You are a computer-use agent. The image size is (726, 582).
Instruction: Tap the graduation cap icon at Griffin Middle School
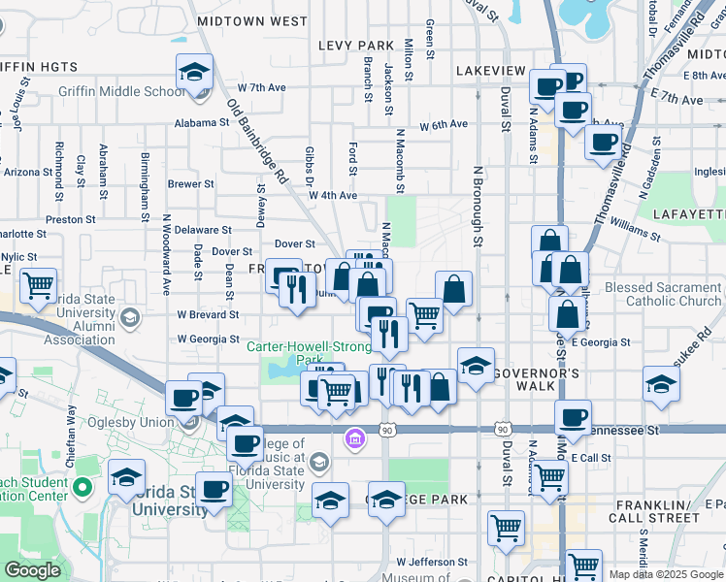click(x=194, y=73)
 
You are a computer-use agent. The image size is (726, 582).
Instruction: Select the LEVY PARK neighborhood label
click(x=360, y=46)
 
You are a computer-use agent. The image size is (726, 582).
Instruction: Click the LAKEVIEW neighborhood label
click(x=490, y=72)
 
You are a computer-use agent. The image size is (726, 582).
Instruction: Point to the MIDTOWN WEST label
click(x=251, y=20)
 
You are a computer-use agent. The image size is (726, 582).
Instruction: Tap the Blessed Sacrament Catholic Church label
click(x=663, y=294)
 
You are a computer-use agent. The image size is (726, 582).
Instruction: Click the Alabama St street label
click(x=201, y=123)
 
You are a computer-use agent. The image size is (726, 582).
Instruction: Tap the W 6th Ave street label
click(x=444, y=124)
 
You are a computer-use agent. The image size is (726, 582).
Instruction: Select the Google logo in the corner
click(x=32, y=570)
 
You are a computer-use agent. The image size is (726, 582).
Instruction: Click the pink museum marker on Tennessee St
click(x=355, y=440)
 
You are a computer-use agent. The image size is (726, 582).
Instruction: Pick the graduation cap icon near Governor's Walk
click(x=476, y=366)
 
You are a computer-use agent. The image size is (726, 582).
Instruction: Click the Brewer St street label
click(x=190, y=183)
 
